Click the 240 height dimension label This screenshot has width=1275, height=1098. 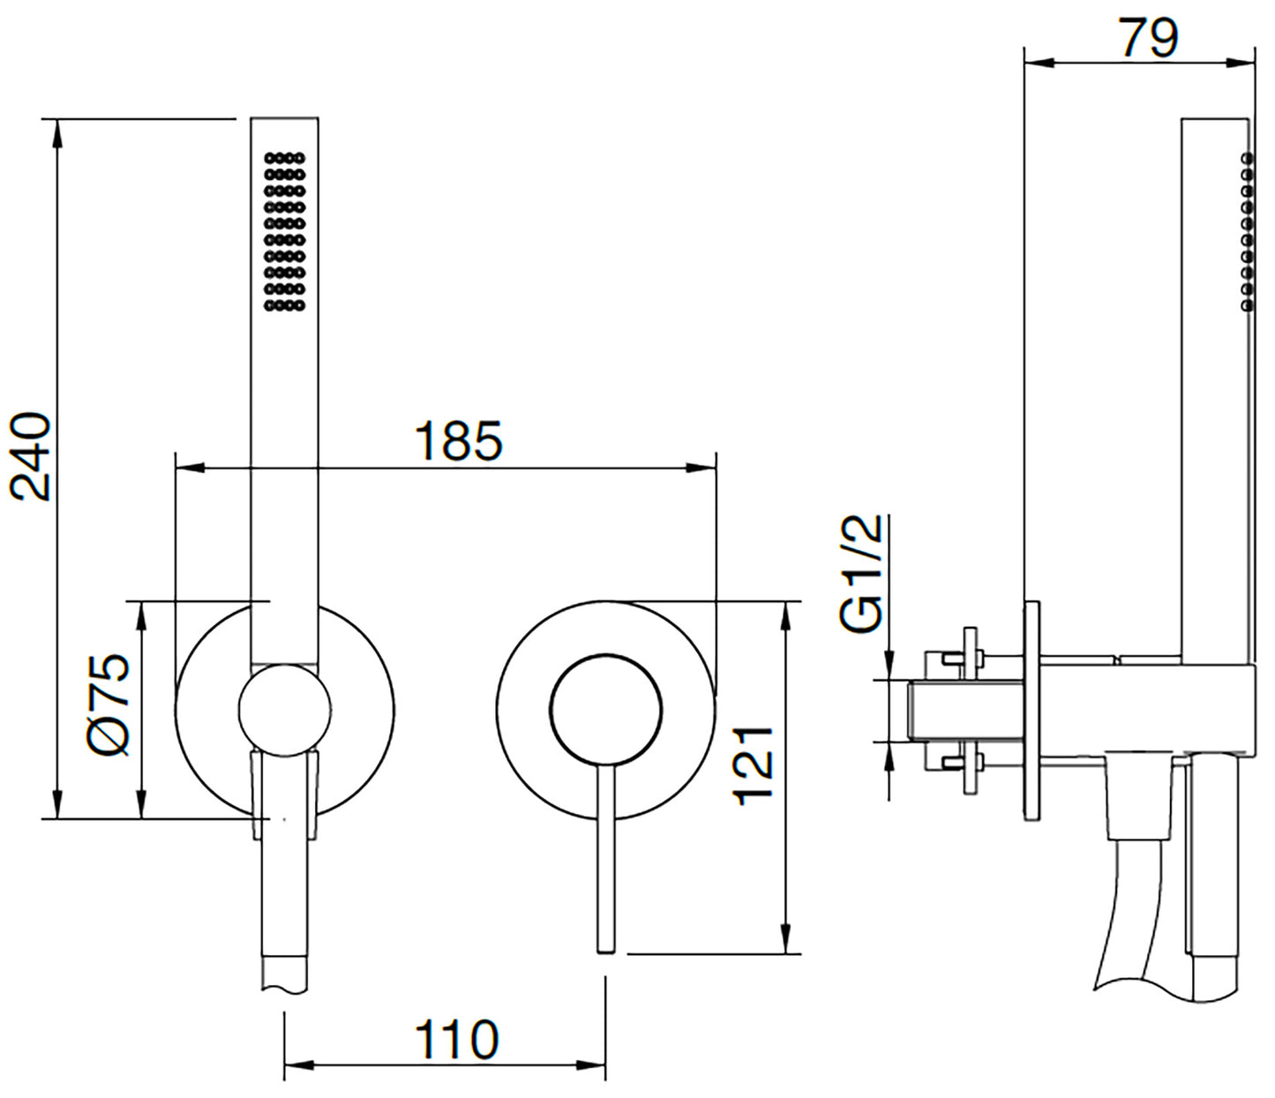click(x=32, y=456)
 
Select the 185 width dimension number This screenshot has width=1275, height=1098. click(x=458, y=441)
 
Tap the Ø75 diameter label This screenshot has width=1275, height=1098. click(x=111, y=704)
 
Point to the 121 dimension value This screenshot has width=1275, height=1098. click(x=754, y=766)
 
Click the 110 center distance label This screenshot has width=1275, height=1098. click(x=456, y=1041)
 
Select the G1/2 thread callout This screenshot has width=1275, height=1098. click(x=860, y=573)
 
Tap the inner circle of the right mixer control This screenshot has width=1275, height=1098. click(x=605, y=709)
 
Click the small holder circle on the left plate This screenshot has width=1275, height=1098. click(x=285, y=710)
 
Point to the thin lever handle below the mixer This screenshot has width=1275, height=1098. click(x=605, y=847)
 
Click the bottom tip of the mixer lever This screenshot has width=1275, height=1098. click(x=605, y=948)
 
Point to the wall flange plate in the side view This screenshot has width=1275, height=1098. click(x=1031, y=711)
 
